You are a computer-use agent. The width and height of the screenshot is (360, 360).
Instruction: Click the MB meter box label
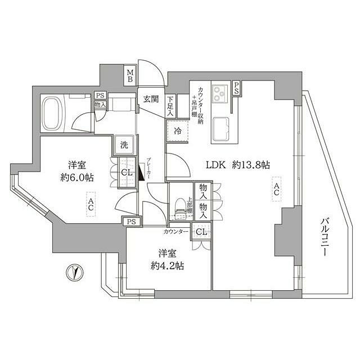pos(130,75)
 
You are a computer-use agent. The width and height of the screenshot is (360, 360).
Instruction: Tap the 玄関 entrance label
pos(150,99)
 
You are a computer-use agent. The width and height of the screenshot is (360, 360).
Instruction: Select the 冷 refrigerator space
pos(177,130)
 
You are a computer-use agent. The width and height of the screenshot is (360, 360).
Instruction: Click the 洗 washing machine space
pos(123,145)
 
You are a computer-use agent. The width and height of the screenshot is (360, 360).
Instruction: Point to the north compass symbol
pos(74,272)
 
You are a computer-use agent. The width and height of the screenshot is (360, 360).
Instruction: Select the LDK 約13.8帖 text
pos(237,165)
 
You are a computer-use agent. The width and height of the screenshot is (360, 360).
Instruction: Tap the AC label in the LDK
pos(276,188)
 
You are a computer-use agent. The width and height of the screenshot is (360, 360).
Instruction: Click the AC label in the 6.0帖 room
pos(90,204)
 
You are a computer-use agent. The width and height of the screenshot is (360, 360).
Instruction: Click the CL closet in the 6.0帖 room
pos(127,172)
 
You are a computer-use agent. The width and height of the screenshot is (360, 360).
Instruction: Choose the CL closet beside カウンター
pos(200,231)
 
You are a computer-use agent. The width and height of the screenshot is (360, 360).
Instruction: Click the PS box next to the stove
pos(236,87)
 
